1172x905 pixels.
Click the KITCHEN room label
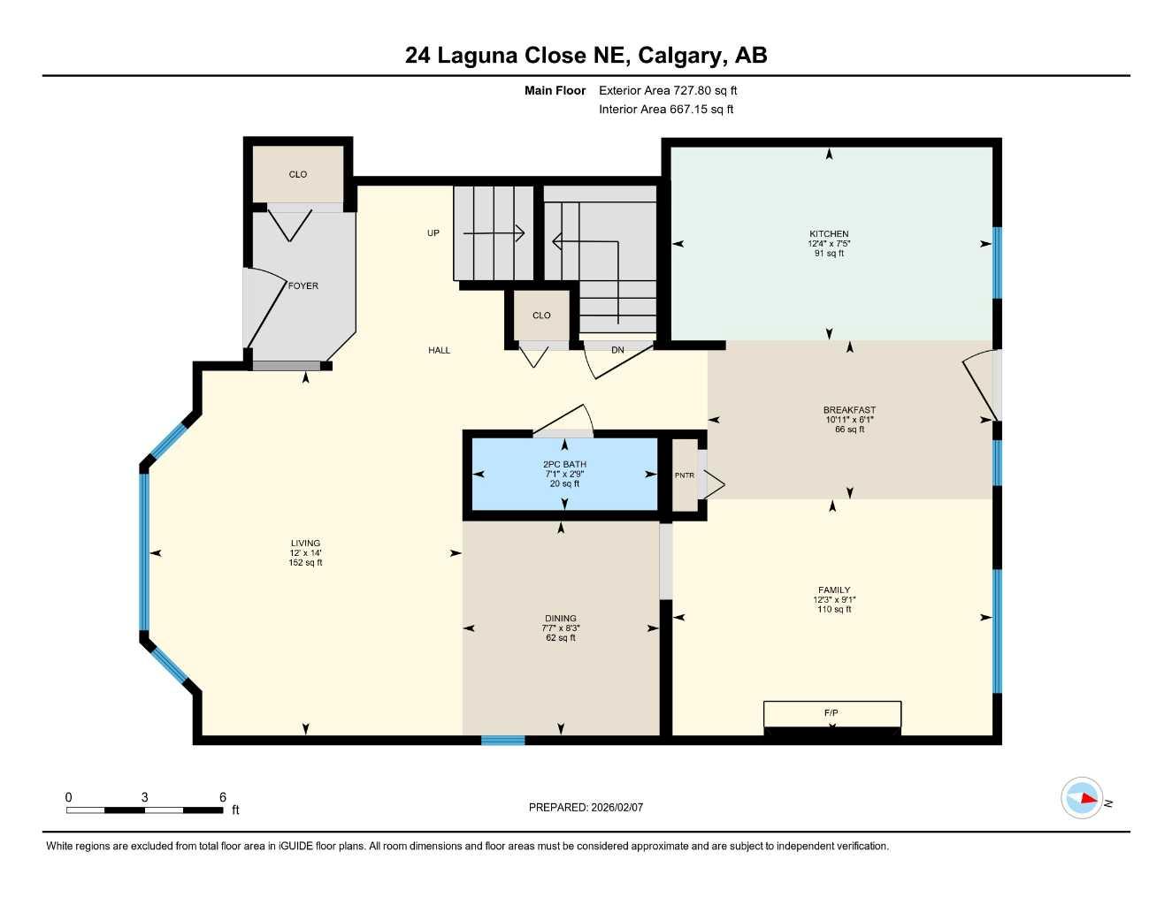(x=829, y=234)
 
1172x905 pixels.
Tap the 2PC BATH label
(x=564, y=464)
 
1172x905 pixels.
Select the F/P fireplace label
(x=831, y=712)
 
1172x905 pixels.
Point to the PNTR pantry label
(x=684, y=475)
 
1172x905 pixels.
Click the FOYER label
(x=303, y=286)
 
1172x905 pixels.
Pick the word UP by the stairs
(x=433, y=233)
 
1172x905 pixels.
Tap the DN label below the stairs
(x=617, y=351)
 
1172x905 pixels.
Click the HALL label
(x=439, y=351)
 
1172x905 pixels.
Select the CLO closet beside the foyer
(x=298, y=175)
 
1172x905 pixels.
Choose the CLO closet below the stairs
(x=541, y=316)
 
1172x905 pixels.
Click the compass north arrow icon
(x=1083, y=799)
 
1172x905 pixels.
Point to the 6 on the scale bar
(x=223, y=797)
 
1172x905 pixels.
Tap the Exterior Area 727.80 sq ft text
(x=668, y=90)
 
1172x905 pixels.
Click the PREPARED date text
(x=586, y=807)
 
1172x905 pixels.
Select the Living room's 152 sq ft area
(x=305, y=563)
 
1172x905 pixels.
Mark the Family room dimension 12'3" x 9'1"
(x=834, y=600)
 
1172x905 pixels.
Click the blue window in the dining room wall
(x=502, y=740)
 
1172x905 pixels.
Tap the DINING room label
(x=561, y=619)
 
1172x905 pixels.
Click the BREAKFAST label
(x=849, y=410)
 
